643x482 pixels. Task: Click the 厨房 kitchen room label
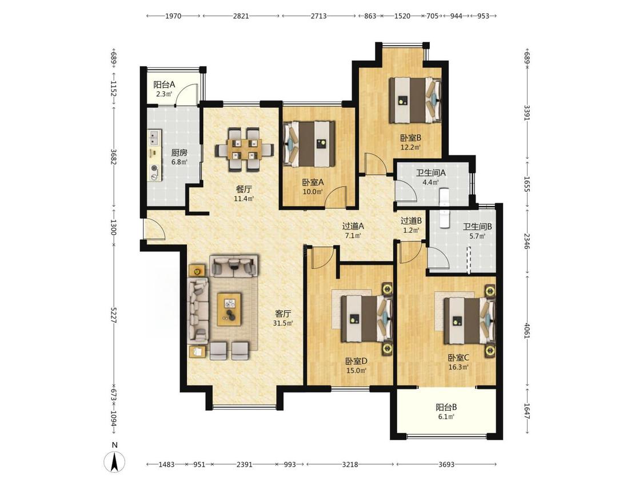179,153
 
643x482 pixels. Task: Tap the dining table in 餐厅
245,149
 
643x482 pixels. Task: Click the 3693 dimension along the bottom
446,464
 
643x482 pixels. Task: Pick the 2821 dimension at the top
241,16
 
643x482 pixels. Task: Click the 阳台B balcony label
446,407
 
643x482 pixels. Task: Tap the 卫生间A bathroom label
431,172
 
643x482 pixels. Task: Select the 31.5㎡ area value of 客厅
283,323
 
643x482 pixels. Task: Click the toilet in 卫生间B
445,218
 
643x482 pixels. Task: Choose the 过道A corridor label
353,226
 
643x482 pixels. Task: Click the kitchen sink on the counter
154,137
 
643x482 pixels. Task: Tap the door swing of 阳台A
189,94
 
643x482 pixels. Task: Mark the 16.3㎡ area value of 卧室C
458,367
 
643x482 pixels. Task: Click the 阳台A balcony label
165,85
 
